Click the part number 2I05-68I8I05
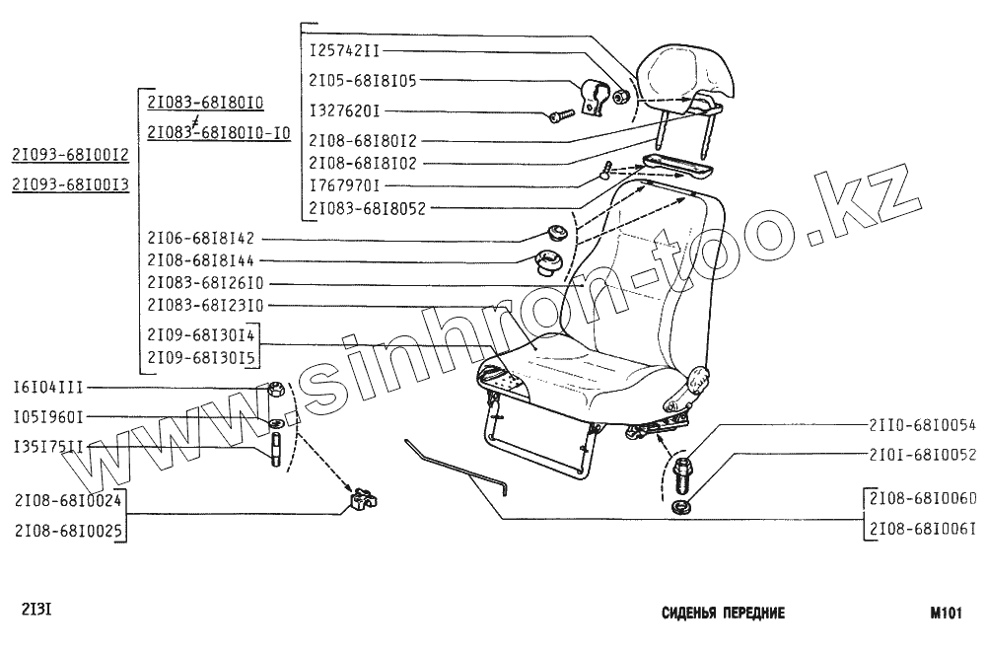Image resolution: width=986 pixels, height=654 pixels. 362,80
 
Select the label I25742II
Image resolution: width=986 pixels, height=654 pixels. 344,49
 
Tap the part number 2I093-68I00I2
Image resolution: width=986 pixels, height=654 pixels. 70,154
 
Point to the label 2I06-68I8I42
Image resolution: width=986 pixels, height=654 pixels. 200,238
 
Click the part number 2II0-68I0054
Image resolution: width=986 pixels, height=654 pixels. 921,426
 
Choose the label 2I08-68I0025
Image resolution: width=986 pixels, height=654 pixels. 68,531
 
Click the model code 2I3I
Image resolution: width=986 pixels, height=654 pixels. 35,608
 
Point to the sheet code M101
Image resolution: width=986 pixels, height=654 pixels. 945,613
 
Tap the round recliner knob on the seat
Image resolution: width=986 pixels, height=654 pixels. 698,378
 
